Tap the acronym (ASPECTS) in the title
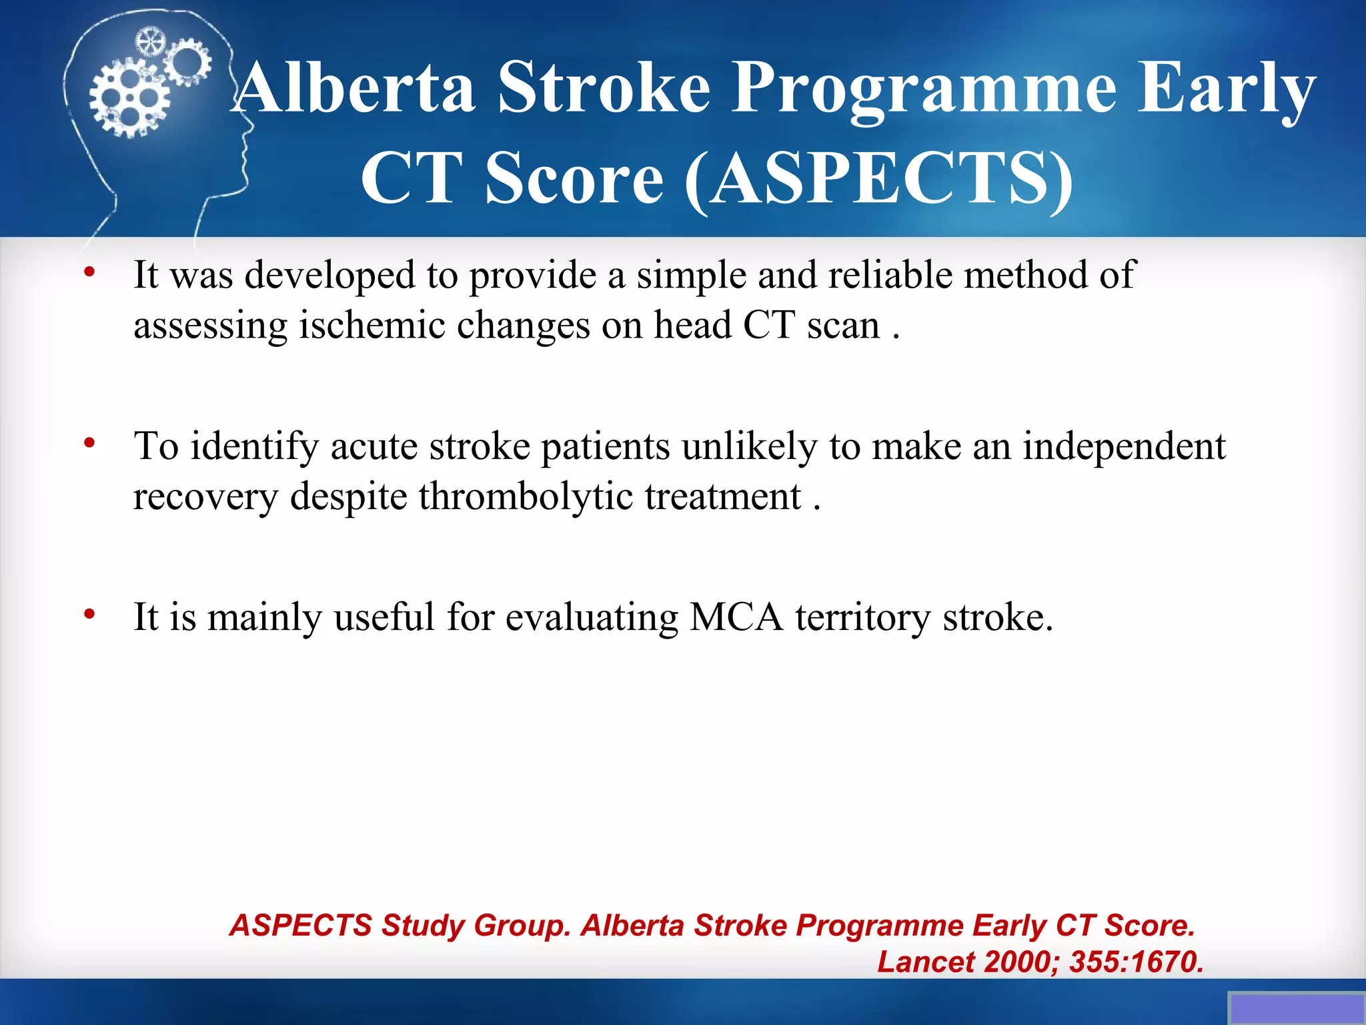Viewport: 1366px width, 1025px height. click(x=879, y=178)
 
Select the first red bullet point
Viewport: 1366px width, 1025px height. click(x=89, y=272)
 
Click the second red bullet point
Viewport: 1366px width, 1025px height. click(x=89, y=443)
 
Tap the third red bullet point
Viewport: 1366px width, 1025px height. click(x=89, y=614)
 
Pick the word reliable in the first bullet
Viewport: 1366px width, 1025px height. click(x=890, y=275)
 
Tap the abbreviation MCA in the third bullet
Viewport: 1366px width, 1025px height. click(x=736, y=617)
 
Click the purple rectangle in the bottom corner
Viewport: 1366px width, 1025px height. click(x=1296, y=1008)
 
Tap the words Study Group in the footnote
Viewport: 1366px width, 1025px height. click(x=476, y=926)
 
